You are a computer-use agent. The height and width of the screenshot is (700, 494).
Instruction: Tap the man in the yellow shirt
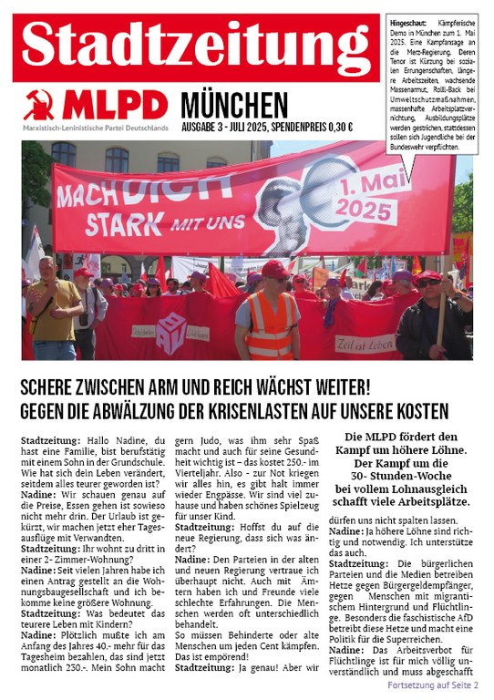pos(52,305)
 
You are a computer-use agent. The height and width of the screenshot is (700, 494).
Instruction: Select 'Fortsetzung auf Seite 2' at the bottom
pos(432,684)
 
